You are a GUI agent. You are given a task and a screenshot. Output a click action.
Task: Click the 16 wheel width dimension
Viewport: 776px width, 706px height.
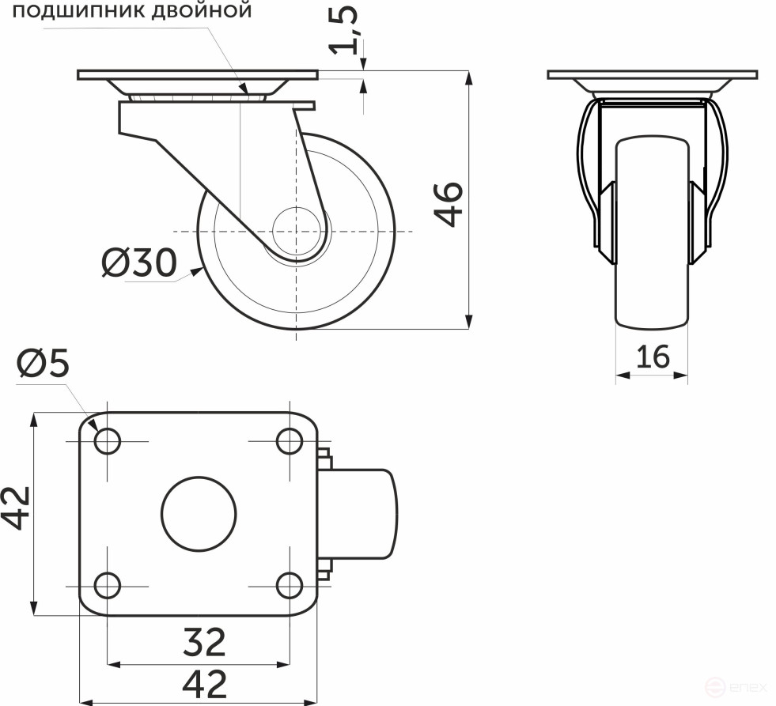coord(652,357)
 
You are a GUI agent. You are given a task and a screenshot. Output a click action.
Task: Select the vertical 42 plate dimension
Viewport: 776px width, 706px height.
coord(16,507)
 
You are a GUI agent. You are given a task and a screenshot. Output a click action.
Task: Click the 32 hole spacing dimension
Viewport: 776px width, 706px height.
coord(204,642)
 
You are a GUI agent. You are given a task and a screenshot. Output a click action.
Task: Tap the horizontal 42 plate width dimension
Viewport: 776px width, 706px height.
coord(204,682)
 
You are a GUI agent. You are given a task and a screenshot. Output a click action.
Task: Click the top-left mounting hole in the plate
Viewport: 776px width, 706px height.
coord(107,440)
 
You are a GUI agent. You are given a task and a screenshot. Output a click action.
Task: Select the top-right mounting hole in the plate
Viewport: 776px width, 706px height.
coord(290,440)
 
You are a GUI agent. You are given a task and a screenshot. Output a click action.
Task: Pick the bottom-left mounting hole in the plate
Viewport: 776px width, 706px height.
coord(107,586)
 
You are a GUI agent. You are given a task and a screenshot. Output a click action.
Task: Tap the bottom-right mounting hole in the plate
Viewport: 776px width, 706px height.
coord(290,586)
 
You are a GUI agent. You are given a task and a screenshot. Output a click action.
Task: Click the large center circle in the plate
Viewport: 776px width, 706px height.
coord(199,513)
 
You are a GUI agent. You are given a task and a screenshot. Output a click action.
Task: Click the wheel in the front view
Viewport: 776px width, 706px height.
coord(652,237)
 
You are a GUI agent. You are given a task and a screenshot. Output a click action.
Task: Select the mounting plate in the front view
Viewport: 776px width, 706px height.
coord(652,75)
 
